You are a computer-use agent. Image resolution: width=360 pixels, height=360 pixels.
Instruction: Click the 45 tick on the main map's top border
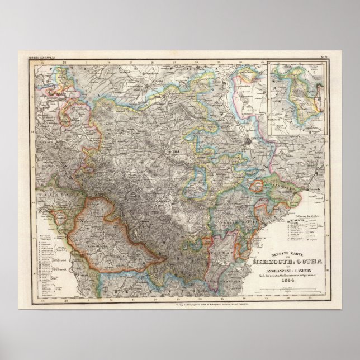(x=241, y=63)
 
